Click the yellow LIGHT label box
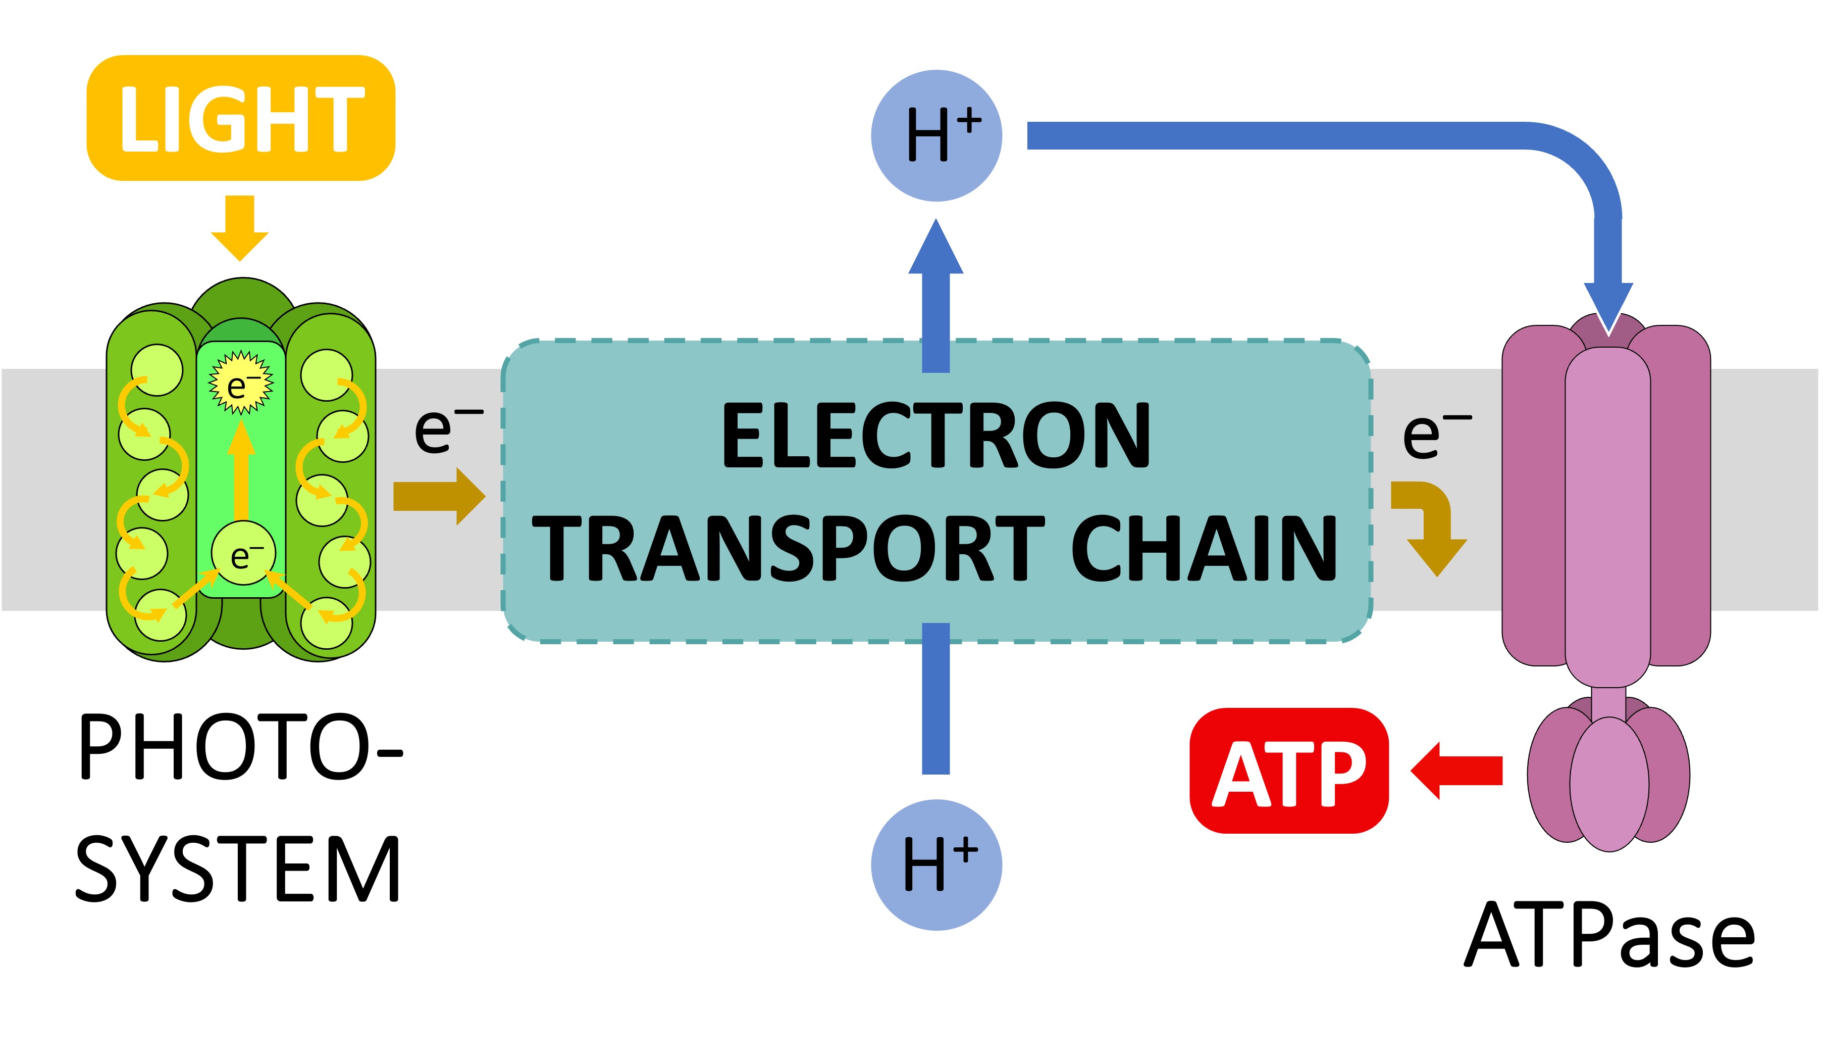click(x=241, y=118)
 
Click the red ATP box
click(x=1289, y=771)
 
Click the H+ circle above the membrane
click(x=936, y=135)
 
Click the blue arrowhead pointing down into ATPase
click(x=1608, y=308)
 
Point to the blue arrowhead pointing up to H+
click(x=936, y=250)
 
